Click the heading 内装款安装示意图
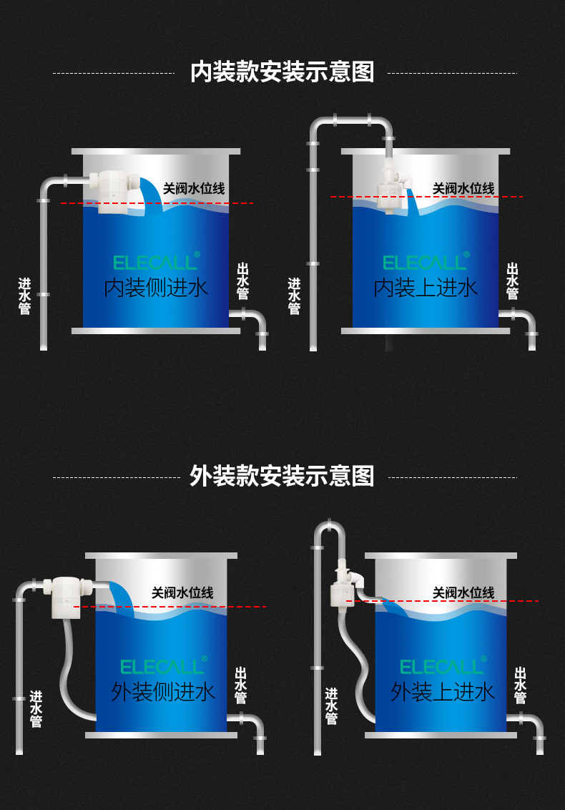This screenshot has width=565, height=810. [x=282, y=72]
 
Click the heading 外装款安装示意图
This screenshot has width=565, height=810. [x=282, y=476]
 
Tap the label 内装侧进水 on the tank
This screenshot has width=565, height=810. [x=156, y=288]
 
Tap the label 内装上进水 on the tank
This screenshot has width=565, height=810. [x=426, y=288]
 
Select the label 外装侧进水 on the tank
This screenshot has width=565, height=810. [x=163, y=691]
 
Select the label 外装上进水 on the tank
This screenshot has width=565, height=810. [x=443, y=691]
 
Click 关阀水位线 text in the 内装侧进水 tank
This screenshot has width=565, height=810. [x=194, y=189]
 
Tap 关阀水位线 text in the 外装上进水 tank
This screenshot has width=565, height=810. [x=463, y=592]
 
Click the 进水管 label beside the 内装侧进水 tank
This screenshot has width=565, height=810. [x=25, y=296]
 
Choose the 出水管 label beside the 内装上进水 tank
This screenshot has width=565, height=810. [x=512, y=280]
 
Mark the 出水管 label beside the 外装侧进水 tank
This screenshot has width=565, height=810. [x=241, y=685]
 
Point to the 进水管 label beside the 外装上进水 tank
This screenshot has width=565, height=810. [x=331, y=706]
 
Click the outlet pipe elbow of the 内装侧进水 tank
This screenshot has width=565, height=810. [x=257, y=317]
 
